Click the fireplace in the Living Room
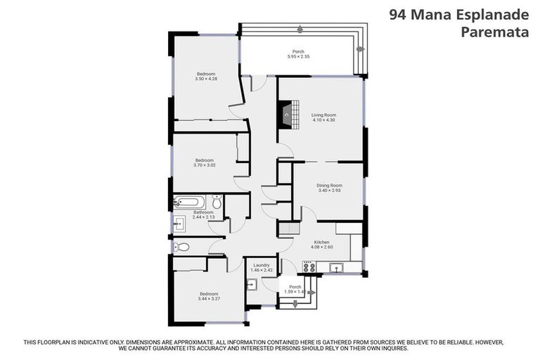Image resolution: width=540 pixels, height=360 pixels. [x=285, y=113]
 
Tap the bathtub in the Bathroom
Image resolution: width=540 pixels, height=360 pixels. [x=191, y=202]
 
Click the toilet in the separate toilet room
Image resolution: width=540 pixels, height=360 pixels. [x=183, y=247]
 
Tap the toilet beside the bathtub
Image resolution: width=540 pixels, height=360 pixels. [x=217, y=203]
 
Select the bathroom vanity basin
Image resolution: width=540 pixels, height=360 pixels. [x=178, y=224]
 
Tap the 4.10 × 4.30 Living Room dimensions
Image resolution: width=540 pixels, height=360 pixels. [x=324, y=120]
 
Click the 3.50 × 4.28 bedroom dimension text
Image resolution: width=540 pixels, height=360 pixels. [x=205, y=79]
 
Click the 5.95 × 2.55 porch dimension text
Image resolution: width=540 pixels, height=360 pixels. [x=299, y=56]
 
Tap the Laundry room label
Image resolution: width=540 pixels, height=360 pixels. [x=262, y=265]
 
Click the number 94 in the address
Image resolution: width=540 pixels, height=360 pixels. [x=398, y=14]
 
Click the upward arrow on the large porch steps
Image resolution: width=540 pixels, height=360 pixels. [x=300, y=30]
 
